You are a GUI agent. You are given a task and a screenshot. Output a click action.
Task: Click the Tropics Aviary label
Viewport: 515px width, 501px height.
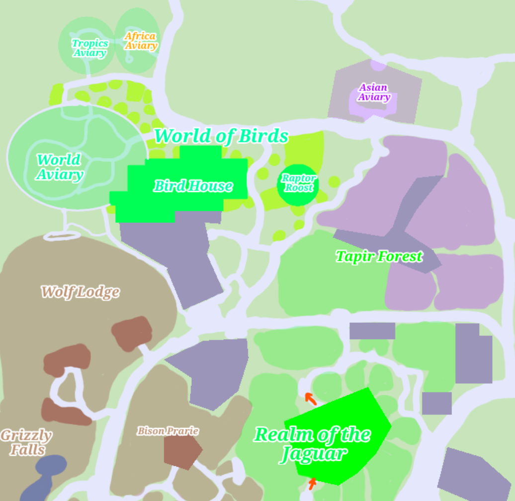pyautogui.click(x=90, y=48)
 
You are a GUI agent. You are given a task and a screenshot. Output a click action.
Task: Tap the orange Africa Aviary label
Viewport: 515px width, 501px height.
pyautogui.click(x=141, y=41)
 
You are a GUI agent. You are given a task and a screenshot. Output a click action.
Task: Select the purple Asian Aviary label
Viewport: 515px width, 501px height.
pyautogui.click(x=373, y=92)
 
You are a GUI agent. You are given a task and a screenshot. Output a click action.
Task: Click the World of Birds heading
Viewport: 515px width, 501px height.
pyautogui.click(x=221, y=136)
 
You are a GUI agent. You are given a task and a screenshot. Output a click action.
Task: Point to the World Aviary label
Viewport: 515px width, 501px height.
pyautogui.click(x=60, y=167)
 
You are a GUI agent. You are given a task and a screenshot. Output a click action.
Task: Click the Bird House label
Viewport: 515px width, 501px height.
pyautogui.click(x=193, y=186)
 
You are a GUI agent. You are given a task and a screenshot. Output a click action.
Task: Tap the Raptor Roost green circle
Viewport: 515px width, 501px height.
pyautogui.click(x=298, y=184)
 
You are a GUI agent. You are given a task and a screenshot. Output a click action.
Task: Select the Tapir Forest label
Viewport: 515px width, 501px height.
pyautogui.click(x=379, y=257)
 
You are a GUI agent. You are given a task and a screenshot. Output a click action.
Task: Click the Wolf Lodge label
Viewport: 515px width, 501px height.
pyautogui.click(x=80, y=292)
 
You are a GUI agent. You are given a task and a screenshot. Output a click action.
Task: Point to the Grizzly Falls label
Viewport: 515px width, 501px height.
pyautogui.click(x=26, y=442)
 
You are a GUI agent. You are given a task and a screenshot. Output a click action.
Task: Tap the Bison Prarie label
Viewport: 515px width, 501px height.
pyautogui.click(x=168, y=431)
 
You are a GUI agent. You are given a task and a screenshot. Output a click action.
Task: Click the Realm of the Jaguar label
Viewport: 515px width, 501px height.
pyautogui.click(x=312, y=444)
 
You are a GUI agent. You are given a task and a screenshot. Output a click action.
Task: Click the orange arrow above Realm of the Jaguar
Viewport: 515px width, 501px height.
pyautogui.click(x=310, y=398)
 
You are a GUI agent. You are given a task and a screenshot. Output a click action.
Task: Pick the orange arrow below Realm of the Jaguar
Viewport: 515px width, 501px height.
pyautogui.click(x=312, y=483)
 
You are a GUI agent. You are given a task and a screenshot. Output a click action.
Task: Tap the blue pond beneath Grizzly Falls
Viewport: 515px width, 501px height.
pyautogui.click(x=45, y=477)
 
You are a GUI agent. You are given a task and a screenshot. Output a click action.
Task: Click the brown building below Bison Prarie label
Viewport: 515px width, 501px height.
pyautogui.click(x=182, y=452)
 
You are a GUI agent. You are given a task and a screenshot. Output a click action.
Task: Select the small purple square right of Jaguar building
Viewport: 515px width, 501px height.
pyautogui.click(x=436, y=403)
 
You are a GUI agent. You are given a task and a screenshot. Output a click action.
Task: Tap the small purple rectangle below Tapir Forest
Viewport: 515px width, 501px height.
pyautogui.click(x=372, y=331)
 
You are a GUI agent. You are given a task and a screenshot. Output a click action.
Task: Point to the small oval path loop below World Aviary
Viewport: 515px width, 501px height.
pyautogui.click(x=62, y=235)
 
